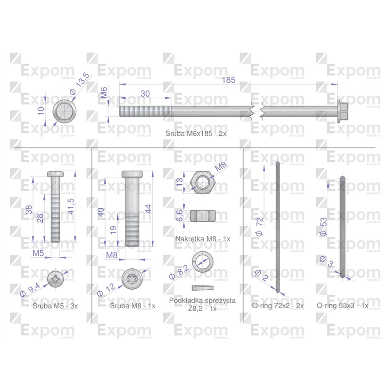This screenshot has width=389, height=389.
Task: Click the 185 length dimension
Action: tap(229, 80)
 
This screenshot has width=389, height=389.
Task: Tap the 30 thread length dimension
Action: tap(145, 94)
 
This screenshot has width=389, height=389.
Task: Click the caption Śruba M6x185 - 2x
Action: tap(196, 133)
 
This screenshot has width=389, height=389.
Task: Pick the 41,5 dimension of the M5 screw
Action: tap(71, 206)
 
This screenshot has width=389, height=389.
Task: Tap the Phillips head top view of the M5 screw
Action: tap(55, 279)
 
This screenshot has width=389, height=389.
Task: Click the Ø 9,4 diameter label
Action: tap(30, 290)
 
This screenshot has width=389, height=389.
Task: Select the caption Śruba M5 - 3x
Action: tap(55, 306)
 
